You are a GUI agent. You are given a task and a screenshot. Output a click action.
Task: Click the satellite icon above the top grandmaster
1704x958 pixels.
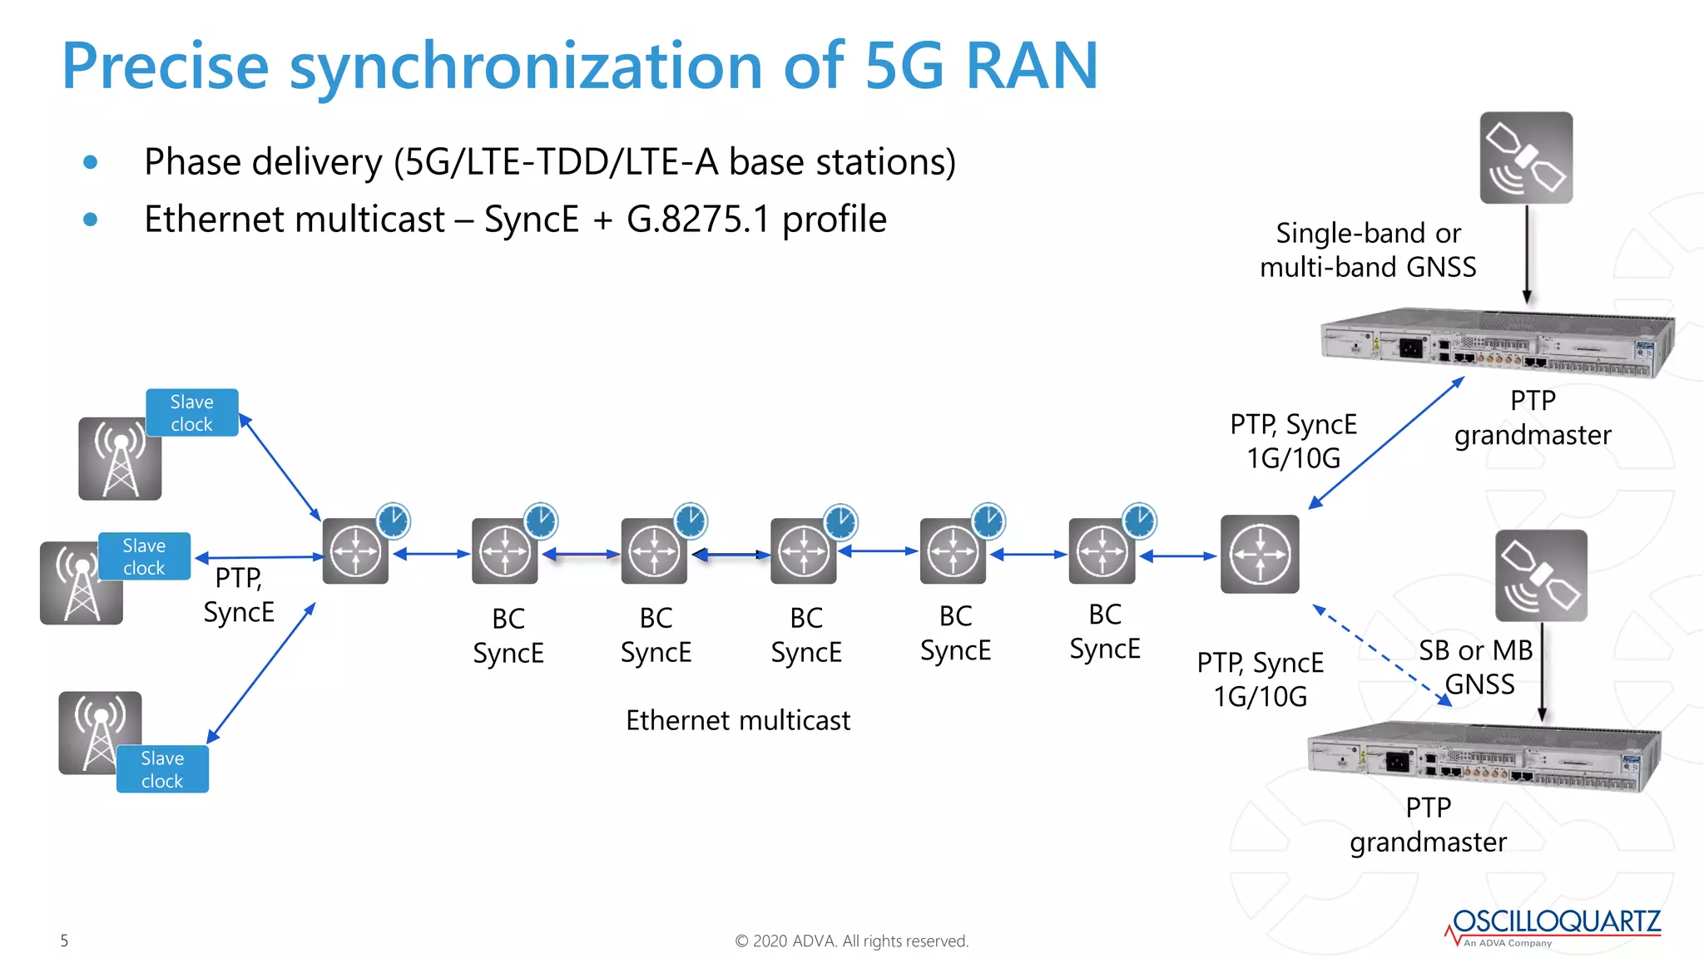pos(1526,158)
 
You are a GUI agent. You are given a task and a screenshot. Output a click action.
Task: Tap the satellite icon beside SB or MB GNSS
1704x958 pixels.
pos(1541,575)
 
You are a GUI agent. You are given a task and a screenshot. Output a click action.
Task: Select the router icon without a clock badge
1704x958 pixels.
pos(1260,554)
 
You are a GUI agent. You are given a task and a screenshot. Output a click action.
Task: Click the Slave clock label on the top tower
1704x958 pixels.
pos(192,412)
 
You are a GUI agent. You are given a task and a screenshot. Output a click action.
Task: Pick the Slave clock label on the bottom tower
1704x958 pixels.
pos(162,769)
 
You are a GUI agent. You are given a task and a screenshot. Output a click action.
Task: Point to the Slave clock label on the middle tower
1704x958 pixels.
pos(144,556)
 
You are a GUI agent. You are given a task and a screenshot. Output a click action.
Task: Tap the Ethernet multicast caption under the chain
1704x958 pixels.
pos(738,720)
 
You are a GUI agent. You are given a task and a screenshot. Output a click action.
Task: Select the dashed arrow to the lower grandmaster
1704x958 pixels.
pos(1381,656)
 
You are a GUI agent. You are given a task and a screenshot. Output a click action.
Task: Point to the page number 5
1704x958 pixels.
pos(64,941)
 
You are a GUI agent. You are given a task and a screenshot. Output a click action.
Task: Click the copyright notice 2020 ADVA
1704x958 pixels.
pos(851,941)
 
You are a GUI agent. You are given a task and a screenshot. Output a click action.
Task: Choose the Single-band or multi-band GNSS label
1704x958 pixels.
pos(1368,249)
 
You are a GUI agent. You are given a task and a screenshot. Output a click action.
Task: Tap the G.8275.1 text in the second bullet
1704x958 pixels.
pos(698,220)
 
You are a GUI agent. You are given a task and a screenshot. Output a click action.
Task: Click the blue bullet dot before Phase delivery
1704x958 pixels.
pos(91,162)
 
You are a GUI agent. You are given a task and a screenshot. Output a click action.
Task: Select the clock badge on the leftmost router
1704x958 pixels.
pos(393,521)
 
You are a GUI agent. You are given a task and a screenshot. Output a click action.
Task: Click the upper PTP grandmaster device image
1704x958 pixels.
pos(1497,343)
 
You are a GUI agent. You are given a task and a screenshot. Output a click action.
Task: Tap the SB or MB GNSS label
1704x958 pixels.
pos(1477,667)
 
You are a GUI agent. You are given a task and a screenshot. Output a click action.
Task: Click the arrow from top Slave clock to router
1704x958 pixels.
pos(280,467)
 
